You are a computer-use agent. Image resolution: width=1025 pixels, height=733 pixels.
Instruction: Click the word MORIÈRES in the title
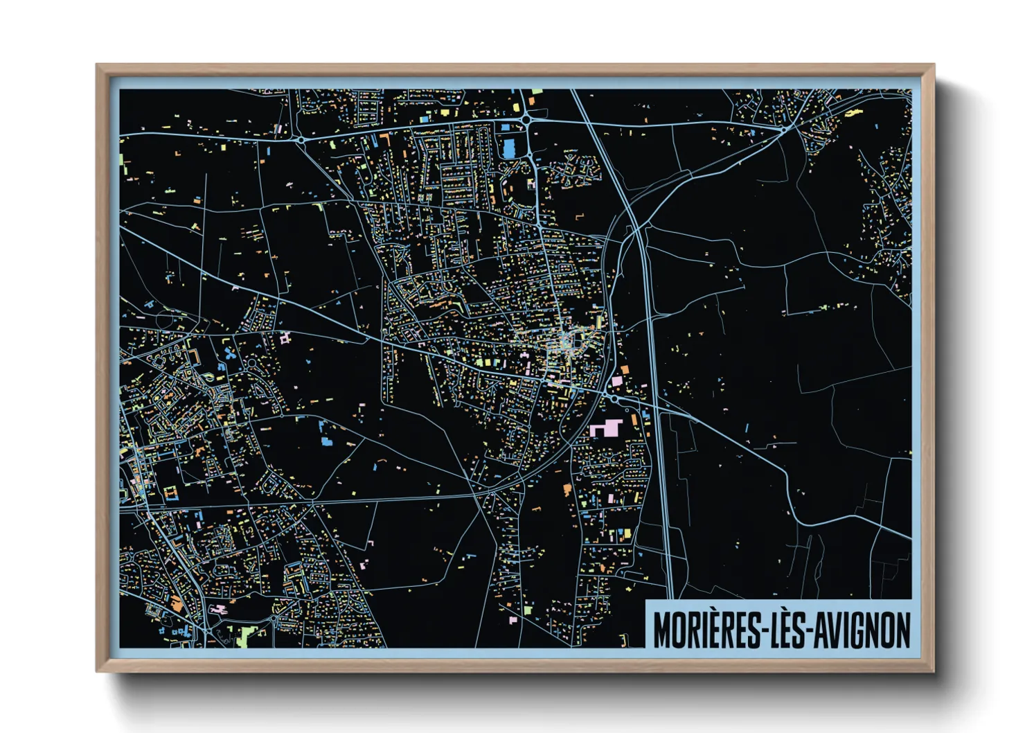706,629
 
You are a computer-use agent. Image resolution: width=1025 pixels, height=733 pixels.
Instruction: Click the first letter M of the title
663,630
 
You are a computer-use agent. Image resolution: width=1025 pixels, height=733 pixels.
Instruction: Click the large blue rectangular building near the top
509,148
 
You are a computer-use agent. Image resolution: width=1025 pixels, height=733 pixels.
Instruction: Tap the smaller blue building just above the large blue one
506,127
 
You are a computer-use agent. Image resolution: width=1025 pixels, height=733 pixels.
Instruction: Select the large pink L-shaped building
607,427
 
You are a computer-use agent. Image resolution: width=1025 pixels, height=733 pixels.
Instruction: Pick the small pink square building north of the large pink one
616,381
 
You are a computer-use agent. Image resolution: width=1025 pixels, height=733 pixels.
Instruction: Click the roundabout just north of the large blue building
526,120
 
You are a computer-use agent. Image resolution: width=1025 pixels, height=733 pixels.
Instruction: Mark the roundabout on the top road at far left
301,139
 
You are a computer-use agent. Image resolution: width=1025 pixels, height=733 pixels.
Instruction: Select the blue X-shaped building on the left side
229,354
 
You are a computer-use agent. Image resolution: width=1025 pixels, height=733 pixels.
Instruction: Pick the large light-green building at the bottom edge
244,636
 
